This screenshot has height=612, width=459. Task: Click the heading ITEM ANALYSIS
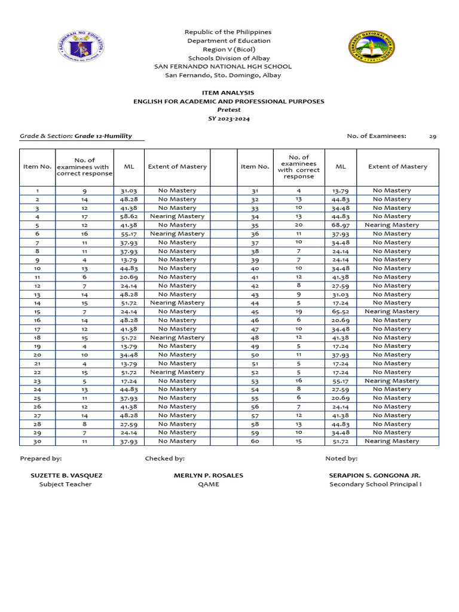[x=228, y=93]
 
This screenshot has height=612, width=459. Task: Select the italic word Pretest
[x=228, y=110]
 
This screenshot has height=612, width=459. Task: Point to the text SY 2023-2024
[x=228, y=119]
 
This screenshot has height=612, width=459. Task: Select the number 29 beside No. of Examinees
[x=433, y=136]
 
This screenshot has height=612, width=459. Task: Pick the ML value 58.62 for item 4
[x=128, y=216]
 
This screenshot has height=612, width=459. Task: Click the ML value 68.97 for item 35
[x=340, y=225]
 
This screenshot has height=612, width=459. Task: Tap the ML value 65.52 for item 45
[x=340, y=311]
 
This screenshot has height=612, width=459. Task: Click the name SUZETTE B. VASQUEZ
[x=66, y=476]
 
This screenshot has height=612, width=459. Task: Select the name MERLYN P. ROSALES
[x=209, y=476]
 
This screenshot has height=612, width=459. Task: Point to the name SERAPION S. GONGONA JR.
[x=375, y=476]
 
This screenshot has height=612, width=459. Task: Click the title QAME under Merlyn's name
[x=209, y=485]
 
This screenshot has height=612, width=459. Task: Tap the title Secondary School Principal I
[x=375, y=485]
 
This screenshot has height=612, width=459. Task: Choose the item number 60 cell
[x=255, y=441]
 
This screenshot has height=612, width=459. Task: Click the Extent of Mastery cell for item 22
[x=177, y=372]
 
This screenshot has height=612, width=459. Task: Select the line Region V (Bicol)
[x=228, y=50]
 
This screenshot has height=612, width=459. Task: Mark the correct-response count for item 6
[x=84, y=234]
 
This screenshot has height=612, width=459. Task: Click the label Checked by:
[x=164, y=458]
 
